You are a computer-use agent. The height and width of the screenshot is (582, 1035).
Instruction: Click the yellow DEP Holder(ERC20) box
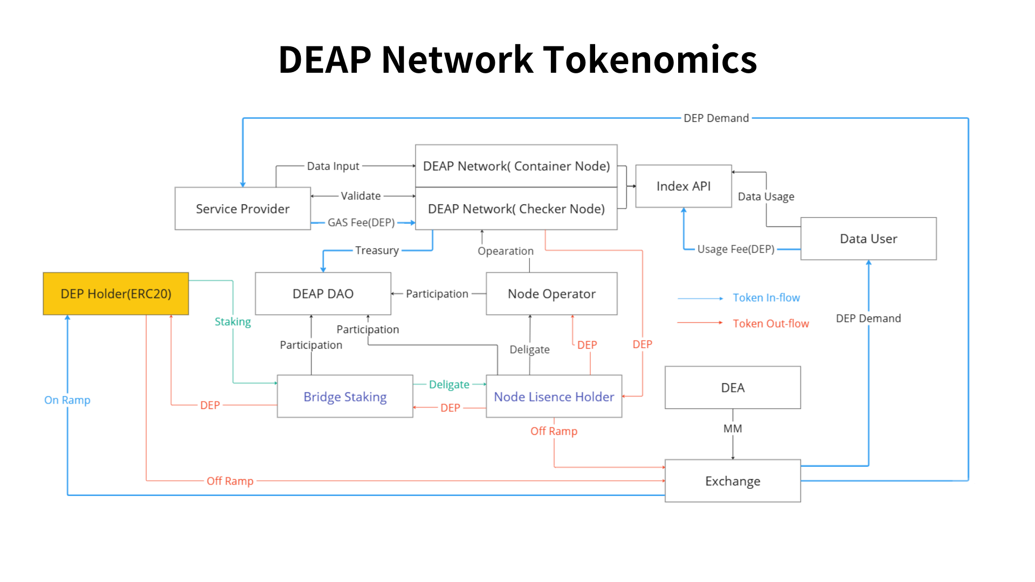tap(116, 294)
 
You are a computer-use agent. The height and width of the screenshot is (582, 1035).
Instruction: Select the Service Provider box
tap(243, 209)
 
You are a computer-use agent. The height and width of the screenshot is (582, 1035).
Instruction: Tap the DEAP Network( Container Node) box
tap(516, 166)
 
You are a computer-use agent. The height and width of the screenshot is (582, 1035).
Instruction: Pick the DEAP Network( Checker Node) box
tap(516, 209)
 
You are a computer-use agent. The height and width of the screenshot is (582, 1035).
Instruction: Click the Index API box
tap(684, 186)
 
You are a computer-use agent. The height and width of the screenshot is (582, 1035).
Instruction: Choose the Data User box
tap(868, 239)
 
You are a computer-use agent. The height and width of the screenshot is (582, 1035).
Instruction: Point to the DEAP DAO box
tap(323, 294)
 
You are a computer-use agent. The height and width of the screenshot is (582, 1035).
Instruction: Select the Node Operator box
tap(551, 294)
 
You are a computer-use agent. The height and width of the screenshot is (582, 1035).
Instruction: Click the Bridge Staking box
tap(345, 397)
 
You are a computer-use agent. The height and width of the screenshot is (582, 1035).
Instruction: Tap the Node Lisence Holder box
tap(554, 397)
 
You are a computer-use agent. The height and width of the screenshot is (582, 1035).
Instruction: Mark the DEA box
tap(733, 387)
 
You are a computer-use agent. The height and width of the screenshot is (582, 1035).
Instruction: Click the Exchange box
tap(733, 481)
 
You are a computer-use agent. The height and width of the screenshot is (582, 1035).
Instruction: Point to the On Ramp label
tap(67, 400)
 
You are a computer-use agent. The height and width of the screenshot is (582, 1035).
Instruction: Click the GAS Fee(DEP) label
tap(361, 223)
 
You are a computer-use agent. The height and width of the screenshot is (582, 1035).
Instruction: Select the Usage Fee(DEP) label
tap(736, 249)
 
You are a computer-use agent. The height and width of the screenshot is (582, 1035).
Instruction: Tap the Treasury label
tap(377, 251)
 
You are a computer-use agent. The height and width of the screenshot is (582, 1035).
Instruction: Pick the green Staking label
tap(233, 322)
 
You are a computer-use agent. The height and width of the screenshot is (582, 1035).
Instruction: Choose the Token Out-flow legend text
tap(771, 323)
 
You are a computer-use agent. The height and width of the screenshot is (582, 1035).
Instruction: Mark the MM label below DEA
tap(733, 428)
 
